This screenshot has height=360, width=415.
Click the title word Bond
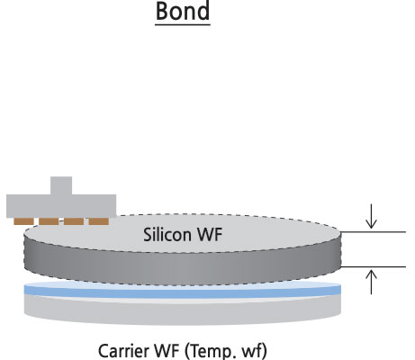pos(183,11)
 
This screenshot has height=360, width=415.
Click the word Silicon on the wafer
pos(167,235)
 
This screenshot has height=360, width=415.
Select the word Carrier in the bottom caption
pos(123,351)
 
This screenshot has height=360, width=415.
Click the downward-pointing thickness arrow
pos(371,216)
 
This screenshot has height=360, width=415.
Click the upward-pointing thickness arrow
pos(371,282)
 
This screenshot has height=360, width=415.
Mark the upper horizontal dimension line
pos(374,232)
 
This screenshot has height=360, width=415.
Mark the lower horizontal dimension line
pos(374,266)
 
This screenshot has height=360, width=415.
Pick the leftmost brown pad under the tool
pos(23,221)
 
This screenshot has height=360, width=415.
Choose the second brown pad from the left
pos(49,221)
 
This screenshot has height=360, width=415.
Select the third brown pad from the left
pos(74,221)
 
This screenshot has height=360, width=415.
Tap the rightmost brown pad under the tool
pos(99,221)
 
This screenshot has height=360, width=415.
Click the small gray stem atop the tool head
pos(61,185)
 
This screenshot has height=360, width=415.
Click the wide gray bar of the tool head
pos(61,206)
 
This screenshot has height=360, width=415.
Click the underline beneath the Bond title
pos(183,24)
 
